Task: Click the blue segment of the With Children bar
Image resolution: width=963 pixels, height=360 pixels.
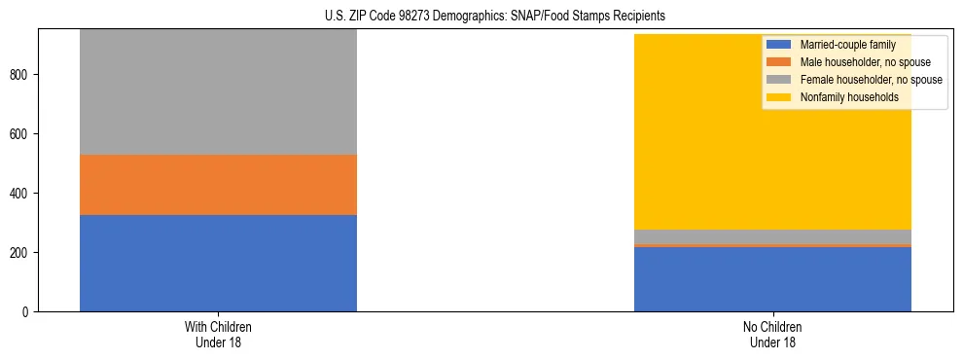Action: point(218,263)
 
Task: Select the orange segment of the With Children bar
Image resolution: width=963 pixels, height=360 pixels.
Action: point(218,184)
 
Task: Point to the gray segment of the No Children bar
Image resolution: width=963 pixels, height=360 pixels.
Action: point(772,236)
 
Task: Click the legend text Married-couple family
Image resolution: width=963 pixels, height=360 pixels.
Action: point(846,45)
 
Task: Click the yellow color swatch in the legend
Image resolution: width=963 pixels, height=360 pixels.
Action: point(778,97)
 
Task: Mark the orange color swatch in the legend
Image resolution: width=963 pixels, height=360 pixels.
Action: point(778,62)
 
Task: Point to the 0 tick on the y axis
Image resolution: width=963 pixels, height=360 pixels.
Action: point(28,312)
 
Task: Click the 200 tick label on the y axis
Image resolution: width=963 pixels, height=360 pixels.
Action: point(22,253)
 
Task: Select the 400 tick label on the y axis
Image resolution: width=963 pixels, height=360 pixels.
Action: point(22,194)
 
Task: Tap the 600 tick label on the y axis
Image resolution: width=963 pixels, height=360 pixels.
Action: point(22,134)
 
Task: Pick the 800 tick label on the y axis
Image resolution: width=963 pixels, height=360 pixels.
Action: point(22,75)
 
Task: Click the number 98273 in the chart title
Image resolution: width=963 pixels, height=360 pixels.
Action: point(410,17)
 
